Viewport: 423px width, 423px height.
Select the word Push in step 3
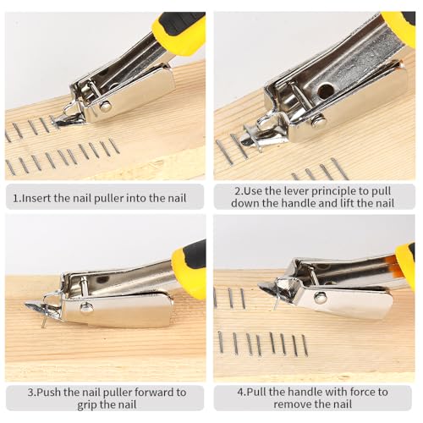(49, 393)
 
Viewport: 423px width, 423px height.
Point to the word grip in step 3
(87, 405)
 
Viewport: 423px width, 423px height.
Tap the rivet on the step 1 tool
(106, 106)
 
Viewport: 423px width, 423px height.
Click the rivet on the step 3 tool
(86, 307)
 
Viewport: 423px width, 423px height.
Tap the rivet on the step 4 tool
(320, 298)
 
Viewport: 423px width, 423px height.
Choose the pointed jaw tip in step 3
(27, 305)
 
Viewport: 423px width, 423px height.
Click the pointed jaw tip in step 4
(260, 285)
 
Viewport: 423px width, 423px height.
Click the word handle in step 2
(301, 204)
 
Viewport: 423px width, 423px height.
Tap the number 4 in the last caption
(240, 392)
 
